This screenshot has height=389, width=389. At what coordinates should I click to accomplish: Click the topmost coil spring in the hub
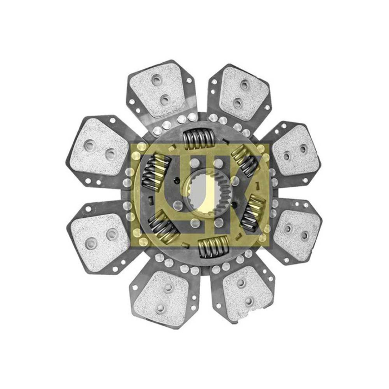198,139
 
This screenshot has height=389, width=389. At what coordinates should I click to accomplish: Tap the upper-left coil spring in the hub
156,172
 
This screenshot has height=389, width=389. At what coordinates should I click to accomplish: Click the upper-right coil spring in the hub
246,161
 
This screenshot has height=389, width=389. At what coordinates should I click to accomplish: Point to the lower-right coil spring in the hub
253,213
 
